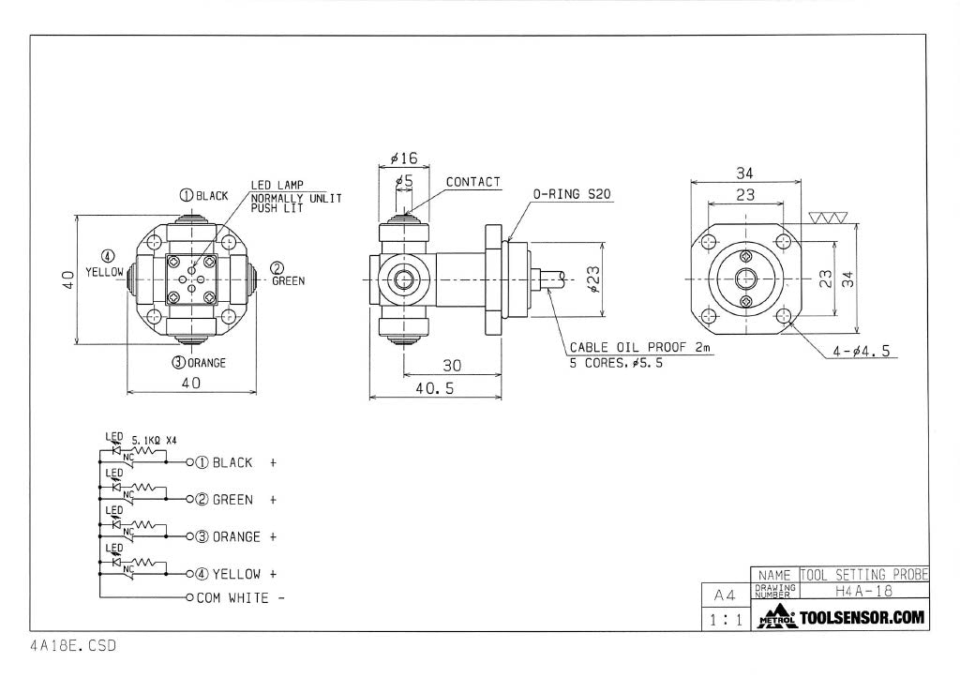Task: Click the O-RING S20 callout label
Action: pyautogui.click(x=572, y=194)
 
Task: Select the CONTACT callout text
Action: pyautogui.click(x=472, y=182)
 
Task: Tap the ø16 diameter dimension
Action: pyautogui.click(x=404, y=158)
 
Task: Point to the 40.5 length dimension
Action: pyautogui.click(x=435, y=388)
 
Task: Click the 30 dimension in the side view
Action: pyautogui.click(x=452, y=366)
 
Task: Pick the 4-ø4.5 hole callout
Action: pyautogui.click(x=861, y=352)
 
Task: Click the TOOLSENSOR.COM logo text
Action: pyautogui.click(x=862, y=617)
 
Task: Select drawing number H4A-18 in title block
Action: pyautogui.click(x=863, y=591)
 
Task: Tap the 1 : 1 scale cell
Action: pyautogui.click(x=726, y=620)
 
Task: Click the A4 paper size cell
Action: pyautogui.click(x=725, y=595)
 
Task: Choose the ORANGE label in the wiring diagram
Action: pyautogui.click(x=236, y=536)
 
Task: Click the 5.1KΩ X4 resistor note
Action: pyautogui.click(x=155, y=440)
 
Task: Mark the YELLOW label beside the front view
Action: pyautogui.click(x=104, y=272)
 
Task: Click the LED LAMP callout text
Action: pyautogui.click(x=277, y=185)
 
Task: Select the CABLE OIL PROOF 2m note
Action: pyautogui.click(x=640, y=347)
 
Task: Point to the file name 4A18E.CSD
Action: pyautogui.click(x=73, y=645)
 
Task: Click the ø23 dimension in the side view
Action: pyautogui.click(x=593, y=279)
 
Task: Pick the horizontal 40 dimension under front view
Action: pyautogui.click(x=191, y=383)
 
